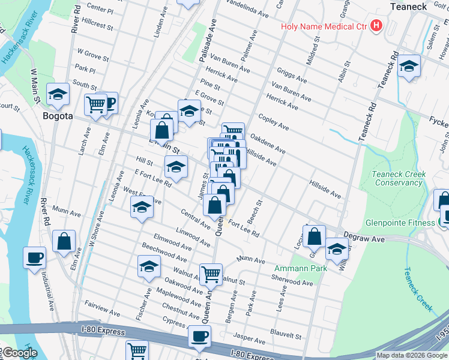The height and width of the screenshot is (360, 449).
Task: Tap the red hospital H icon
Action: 376,26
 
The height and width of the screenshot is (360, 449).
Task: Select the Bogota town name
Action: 58,115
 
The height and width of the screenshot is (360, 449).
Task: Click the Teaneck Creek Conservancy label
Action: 399,178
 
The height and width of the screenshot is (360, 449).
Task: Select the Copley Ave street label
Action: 273,123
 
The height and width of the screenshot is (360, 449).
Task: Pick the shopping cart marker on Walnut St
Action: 211,274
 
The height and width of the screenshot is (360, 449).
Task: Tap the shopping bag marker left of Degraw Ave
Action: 315,236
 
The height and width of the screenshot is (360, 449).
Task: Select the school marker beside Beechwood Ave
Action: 149,267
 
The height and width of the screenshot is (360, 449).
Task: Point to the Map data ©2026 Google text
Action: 412,355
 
